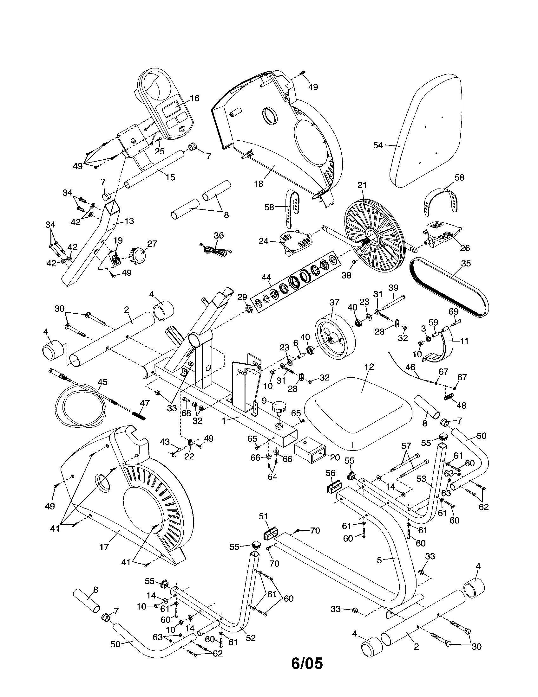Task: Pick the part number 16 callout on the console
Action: (194, 98)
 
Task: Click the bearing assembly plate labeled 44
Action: (294, 279)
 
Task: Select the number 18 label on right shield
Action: (258, 184)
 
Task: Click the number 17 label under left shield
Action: (104, 547)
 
